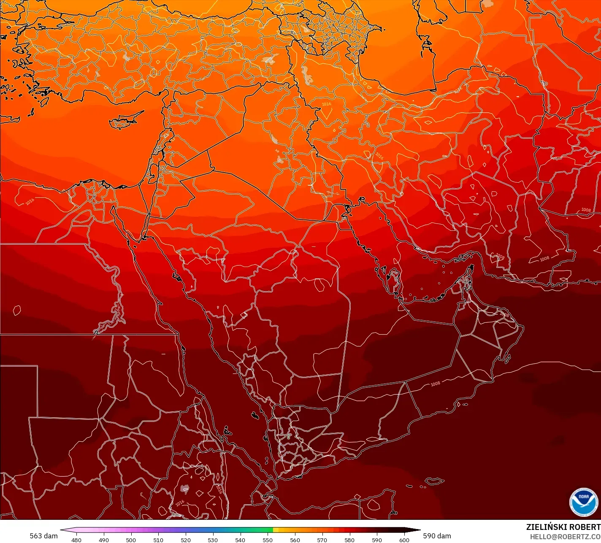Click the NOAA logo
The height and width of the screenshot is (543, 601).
584,502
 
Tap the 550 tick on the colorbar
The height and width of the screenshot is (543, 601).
268,540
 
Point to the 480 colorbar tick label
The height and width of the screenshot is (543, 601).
76,540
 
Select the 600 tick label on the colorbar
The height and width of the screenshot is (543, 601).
404,540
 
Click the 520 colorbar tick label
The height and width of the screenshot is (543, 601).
186,540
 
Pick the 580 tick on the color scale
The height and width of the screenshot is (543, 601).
349,540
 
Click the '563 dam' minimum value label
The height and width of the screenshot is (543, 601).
43,536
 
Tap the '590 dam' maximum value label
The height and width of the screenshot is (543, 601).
437,536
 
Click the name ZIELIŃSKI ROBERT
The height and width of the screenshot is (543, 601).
563,527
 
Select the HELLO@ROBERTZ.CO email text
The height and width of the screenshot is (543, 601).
565,536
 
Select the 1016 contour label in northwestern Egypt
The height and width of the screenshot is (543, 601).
30,201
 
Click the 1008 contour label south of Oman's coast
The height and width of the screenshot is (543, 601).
435,384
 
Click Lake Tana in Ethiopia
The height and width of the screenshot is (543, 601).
185,489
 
